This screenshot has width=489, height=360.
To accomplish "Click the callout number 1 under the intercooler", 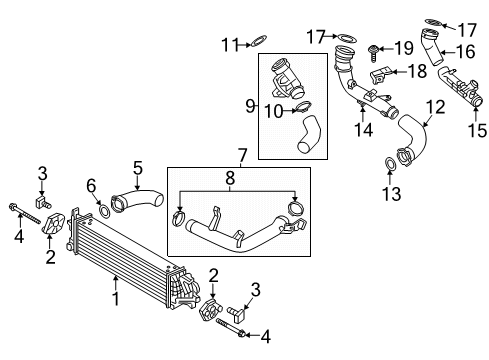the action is [x=116, y=299].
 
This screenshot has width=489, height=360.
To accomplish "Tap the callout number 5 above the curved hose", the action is [x=138, y=168].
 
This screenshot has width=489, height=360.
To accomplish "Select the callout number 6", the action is [x=91, y=186].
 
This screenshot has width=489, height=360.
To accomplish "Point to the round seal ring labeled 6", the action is [x=104, y=211].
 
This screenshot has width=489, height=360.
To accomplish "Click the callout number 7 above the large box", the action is [x=242, y=156].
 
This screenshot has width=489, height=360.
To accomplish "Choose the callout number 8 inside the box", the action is [x=230, y=178].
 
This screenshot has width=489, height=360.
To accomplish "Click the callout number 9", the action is [x=250, y=106].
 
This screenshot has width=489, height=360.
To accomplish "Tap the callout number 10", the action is [x=274, y=111].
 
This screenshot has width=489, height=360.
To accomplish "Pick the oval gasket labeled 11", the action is [x=259, y=42].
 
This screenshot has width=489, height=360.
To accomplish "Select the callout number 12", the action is [x=436, y=107].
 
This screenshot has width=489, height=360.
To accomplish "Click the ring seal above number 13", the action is [x=390, y=164].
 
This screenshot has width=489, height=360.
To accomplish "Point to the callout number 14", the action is [x=363, y=130].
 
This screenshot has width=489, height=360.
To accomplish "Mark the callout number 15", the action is [x=477, y=130].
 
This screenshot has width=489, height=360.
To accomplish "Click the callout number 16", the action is [x=466, y=52].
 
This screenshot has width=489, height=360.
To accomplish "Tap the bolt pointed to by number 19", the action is [x=373, y=53].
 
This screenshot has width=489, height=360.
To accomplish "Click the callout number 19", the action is [x=404, y=49].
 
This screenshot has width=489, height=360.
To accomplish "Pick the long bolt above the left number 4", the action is [x=25, y=214].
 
